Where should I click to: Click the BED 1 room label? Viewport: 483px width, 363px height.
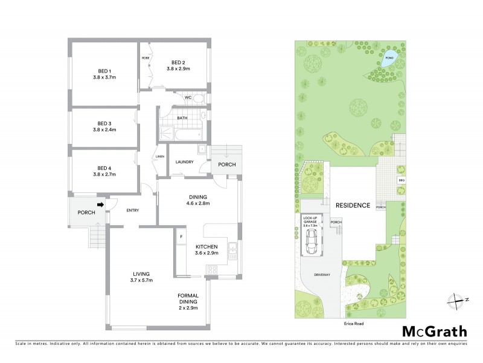(x=104, y=69)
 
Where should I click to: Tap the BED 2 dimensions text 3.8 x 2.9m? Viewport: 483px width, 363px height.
(x=178, y=69)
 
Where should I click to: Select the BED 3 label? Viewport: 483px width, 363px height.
(x=104, y=122)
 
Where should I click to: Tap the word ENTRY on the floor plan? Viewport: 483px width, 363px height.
(x=133, y=211)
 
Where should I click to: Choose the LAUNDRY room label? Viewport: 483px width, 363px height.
(x=184, y=162)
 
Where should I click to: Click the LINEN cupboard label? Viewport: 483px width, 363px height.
(x=160, y=157)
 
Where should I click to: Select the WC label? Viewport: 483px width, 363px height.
(x=188, y=98)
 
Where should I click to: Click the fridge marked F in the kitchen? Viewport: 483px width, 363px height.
(x=180, y=237)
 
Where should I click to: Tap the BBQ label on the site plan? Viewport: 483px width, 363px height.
(x=400, y=180)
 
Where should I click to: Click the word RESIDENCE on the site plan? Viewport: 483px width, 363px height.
(x=353, y=206)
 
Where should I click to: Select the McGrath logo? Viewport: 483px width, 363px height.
(x=435, y=331)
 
